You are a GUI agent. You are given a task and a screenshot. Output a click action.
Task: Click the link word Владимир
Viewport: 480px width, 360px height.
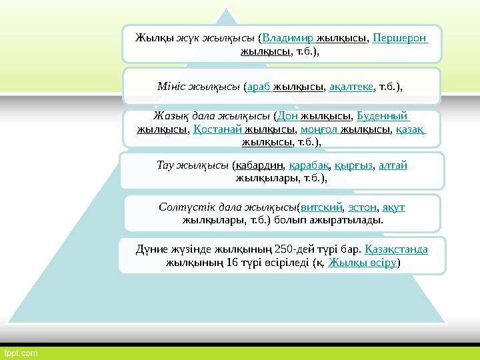coord(289,37)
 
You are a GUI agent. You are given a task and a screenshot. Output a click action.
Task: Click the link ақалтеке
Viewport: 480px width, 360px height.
coord(351,87)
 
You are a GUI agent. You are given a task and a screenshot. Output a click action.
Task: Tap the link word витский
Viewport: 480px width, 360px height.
coord(322,207)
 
